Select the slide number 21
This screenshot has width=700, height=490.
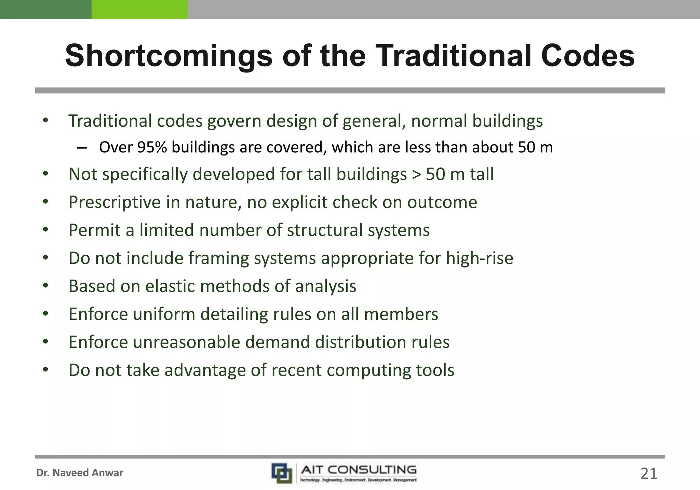tap(649, 474)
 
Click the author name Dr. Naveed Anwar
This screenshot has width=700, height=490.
tap(80, 473)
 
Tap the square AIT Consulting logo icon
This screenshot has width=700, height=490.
tap(282, 473)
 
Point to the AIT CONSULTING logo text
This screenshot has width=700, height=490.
tap(359, 470)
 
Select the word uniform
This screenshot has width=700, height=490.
tap(164, 314)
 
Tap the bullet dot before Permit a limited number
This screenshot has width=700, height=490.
tap(46, 230)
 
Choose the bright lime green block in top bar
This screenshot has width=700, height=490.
tap(139, 9)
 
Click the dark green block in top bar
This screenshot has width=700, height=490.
tap(45, 9)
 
